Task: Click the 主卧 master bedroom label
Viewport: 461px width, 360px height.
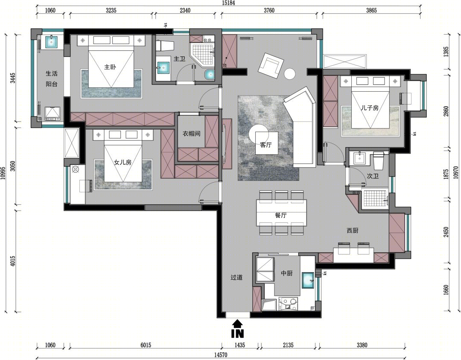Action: (x=110, y=67)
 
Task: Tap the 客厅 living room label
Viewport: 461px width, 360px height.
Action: (x=266, y=145)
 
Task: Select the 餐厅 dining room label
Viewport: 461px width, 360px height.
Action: (x=281, y=215)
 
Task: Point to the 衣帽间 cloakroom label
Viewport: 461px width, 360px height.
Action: (x=191, y=134)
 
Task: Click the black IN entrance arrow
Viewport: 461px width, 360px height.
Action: (x=238, y=328)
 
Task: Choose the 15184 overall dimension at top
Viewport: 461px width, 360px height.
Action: (x=228, y=3)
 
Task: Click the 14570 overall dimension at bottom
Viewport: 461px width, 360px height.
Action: (x=220, y=355)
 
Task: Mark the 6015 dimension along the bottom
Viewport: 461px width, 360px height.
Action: (x=146, y=345)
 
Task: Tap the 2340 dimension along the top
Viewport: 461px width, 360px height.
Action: (x=185, y=10)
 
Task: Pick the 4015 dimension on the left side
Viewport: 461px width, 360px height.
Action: (x=13, y=261)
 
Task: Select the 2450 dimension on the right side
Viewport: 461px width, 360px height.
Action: (x=446, y=232)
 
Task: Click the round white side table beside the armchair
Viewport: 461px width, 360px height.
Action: (x=290, y=74)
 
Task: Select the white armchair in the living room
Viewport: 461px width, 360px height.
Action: (x=271, y=66)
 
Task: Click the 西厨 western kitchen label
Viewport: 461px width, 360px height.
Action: (x=352, y=231)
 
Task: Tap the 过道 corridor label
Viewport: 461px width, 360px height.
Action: (x=236, y=277)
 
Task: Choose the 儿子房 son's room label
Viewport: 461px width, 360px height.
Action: (x=370, y=108)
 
